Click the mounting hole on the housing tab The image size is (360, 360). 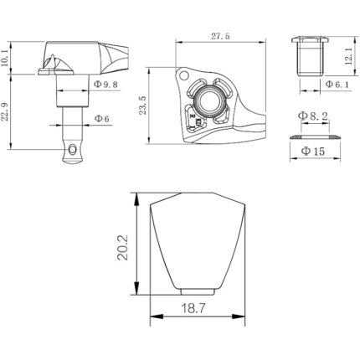tap(181, 75)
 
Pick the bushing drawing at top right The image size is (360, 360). tap(309, 56)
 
